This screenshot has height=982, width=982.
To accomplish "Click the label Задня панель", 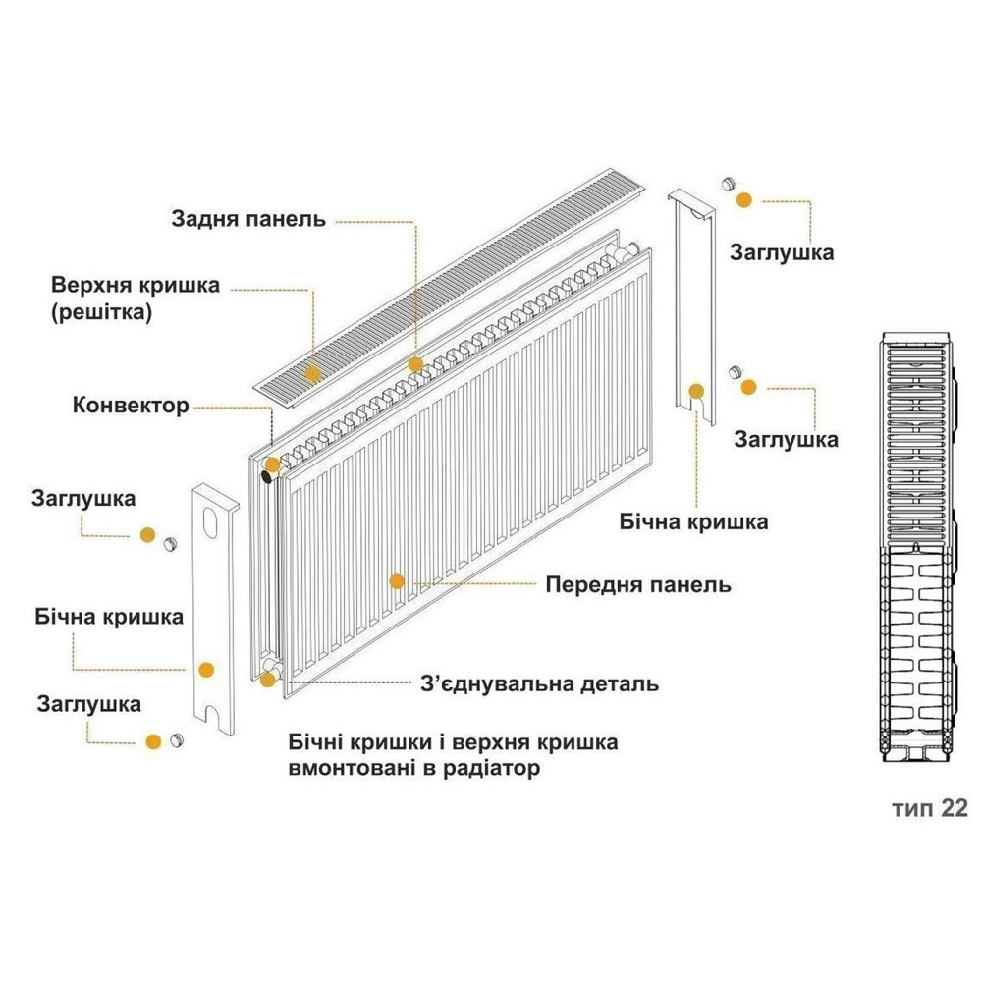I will pos(247,218).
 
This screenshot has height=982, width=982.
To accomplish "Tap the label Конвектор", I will pos(131,405).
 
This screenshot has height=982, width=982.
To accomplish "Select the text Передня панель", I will pos(637,585).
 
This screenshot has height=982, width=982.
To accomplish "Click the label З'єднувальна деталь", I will pos(538,682).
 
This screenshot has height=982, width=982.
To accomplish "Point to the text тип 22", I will pos(929,807).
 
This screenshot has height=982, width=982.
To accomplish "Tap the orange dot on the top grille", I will pos(313,372).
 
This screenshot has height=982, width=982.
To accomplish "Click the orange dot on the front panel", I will pos(397,580).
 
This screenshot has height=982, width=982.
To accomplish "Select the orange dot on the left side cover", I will pos(206,670).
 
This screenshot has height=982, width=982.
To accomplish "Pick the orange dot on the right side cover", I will pos(697,390).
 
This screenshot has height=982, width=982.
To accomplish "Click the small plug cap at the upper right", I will pos(729,185).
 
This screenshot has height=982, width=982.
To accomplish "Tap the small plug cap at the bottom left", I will pos(178,739).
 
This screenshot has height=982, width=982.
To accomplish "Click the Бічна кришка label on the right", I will pos(693,520).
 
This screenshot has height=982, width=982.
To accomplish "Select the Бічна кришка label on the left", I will pos(109,618).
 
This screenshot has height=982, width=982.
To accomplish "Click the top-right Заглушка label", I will pos(782,252).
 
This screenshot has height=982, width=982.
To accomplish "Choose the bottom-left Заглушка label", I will pos(88,704).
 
